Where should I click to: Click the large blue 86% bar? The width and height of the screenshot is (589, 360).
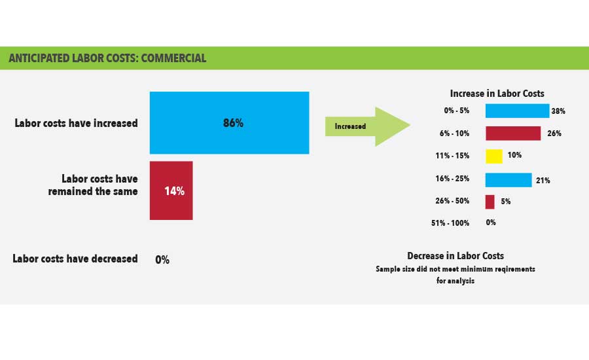[x=229, y=122]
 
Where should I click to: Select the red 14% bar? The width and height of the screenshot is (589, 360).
[x=171, y=190]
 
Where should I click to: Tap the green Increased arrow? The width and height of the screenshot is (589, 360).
[x=367, y=126]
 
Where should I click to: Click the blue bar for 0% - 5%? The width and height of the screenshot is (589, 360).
[x=517, y=111]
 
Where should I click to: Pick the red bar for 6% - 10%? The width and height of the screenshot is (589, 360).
[x=513, y=134]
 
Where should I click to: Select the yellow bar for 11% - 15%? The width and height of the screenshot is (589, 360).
[x=494, y=156]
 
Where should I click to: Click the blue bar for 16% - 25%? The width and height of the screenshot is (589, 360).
[x=509, y=180]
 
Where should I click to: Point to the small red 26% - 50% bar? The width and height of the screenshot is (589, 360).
[x=490, y=202]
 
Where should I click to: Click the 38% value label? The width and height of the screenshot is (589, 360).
[x=558, y=111]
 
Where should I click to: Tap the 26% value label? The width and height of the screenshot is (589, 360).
[x=554, y=134]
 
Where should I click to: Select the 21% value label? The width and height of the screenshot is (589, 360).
[x=543, y=181]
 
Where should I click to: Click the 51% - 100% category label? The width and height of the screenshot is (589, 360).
[x=450, y=223]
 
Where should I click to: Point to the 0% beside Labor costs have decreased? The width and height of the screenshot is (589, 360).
[x=162, y=260]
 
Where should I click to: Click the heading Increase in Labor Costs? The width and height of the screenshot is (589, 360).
[x=497, y=93]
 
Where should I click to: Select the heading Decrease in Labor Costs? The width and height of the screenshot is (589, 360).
[x=455, y=256]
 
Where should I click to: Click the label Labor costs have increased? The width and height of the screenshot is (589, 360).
[x=77, y=123]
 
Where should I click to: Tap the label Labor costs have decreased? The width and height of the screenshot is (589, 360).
[x=75, y=259]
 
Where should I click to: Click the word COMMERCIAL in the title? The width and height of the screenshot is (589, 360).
[x=173, y=58]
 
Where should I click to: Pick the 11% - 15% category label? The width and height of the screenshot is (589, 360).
[x=452, y=156]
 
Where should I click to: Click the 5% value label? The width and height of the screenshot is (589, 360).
[x=506, y=202]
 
